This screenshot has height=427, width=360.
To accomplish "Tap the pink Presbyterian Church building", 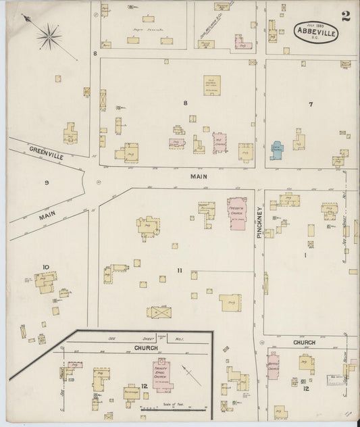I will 238,214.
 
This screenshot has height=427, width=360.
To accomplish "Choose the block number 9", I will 47,183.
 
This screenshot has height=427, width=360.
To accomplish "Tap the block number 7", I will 311,104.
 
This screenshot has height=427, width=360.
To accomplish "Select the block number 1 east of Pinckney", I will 305,255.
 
